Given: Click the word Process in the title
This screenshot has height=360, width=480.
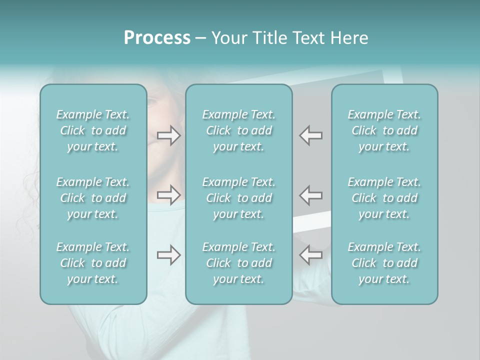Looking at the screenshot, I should (157, 38).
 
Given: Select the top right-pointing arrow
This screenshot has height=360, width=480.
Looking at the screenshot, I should (169, 135).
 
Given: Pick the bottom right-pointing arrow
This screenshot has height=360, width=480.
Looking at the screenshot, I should (169, 255).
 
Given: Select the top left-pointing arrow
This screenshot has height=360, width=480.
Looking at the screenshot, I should (311, 135).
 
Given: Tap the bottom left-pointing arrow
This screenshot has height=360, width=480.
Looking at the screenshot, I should (311, 255).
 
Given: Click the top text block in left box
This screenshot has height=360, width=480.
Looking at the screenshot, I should (93, 130).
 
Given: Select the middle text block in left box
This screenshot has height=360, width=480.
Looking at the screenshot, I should (93, 198).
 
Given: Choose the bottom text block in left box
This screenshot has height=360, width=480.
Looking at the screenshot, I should (93, 263).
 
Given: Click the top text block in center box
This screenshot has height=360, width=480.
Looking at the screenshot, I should (239, 130).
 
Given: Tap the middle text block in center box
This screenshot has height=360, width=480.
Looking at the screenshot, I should (239, 198).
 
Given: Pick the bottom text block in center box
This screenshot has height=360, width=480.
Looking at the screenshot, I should (239, 263).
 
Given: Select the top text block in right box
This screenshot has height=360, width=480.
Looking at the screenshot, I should (384, 130).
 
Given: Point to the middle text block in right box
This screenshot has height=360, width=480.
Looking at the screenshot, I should (384, 198).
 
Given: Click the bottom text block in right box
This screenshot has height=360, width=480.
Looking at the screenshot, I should (384, 263).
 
